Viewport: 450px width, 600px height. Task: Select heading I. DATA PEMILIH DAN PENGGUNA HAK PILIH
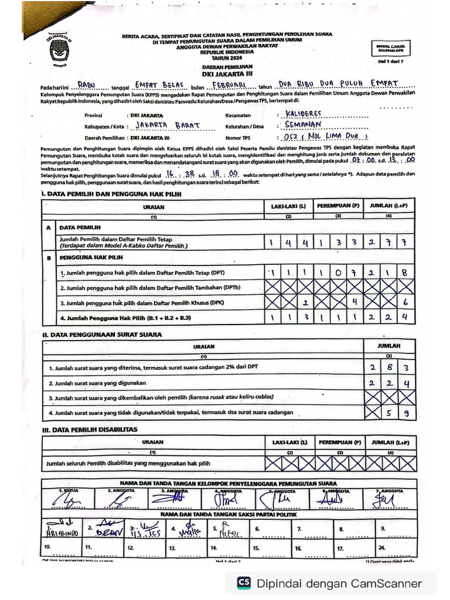[x=111, y=193]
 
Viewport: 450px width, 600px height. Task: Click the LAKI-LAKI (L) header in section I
[x=288, y=207]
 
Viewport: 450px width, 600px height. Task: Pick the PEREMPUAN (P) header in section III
[x=339, y=442]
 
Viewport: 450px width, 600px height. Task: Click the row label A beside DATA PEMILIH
[x=48, y=227]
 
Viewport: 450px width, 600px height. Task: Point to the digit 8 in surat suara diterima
[x=389, y=367]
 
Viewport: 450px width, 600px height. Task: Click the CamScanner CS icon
[x=244, y=583]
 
